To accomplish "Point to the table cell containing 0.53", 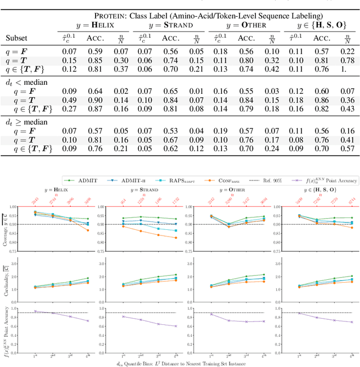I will [171, 130].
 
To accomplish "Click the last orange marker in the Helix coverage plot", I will [88, 230].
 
